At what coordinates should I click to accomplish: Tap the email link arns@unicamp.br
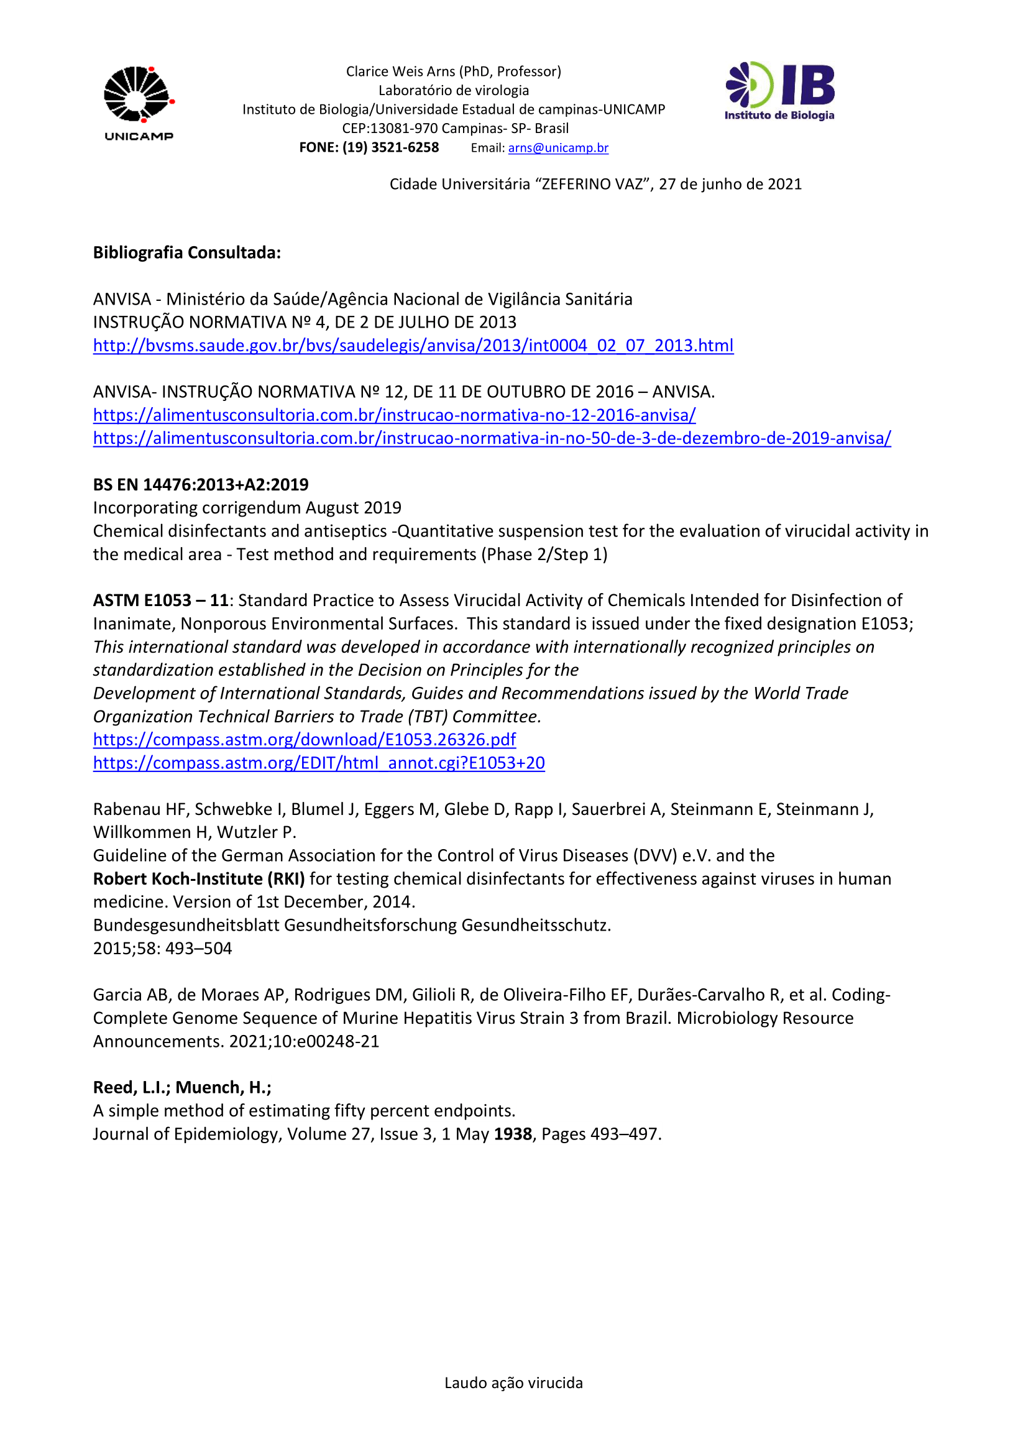coord(558,148)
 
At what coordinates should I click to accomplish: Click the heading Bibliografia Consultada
coord(186,252)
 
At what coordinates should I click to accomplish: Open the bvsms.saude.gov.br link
coord(413,346)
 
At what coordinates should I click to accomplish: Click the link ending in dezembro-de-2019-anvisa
coord(491,438)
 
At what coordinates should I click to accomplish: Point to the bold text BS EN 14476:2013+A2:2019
coord(201,485)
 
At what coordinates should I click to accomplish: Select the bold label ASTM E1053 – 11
coord(160,600)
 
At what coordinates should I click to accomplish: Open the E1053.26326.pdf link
coord(304,740)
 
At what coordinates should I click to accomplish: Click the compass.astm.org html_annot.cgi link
coord(318,763)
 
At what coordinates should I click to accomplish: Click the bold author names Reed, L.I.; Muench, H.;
coord(181,1087)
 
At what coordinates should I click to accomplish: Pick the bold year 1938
coord(513,1134)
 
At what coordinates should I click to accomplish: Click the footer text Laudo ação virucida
coord(513,1383)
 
